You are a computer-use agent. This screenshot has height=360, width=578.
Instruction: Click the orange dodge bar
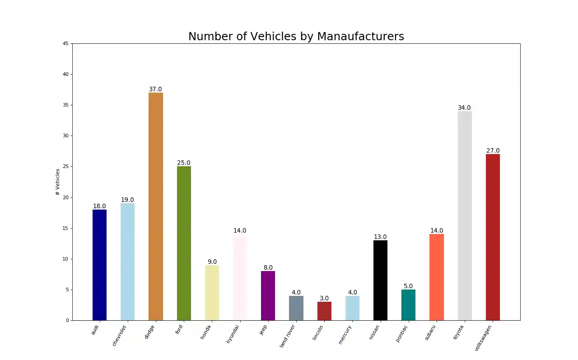coord(156,206)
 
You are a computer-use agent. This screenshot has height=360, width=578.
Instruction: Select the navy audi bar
coord(99,265)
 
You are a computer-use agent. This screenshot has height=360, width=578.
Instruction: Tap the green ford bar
coord(184,243)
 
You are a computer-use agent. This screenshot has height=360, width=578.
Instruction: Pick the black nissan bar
coord(380,280)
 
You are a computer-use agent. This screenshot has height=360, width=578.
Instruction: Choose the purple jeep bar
coord(268,295)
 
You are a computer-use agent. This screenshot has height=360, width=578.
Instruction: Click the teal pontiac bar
coord(408,305)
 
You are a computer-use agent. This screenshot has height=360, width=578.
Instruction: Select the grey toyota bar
coord(465,215)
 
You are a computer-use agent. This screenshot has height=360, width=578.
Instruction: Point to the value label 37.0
coord(155,89)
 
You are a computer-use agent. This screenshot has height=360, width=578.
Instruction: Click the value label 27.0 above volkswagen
coord(493,151)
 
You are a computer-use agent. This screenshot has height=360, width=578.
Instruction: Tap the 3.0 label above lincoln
coord(324,299)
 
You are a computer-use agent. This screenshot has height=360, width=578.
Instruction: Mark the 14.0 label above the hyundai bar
coord(240,231)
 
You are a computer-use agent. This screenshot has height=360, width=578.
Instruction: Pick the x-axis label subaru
coord(430,333)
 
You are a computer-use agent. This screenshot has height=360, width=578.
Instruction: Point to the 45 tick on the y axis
coord(66,44)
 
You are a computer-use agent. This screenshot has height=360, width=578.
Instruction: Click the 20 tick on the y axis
coord(66,197)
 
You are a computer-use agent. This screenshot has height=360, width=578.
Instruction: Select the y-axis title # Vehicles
coord(58,182)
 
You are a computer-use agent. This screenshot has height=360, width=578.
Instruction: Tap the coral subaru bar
coord(437,277)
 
